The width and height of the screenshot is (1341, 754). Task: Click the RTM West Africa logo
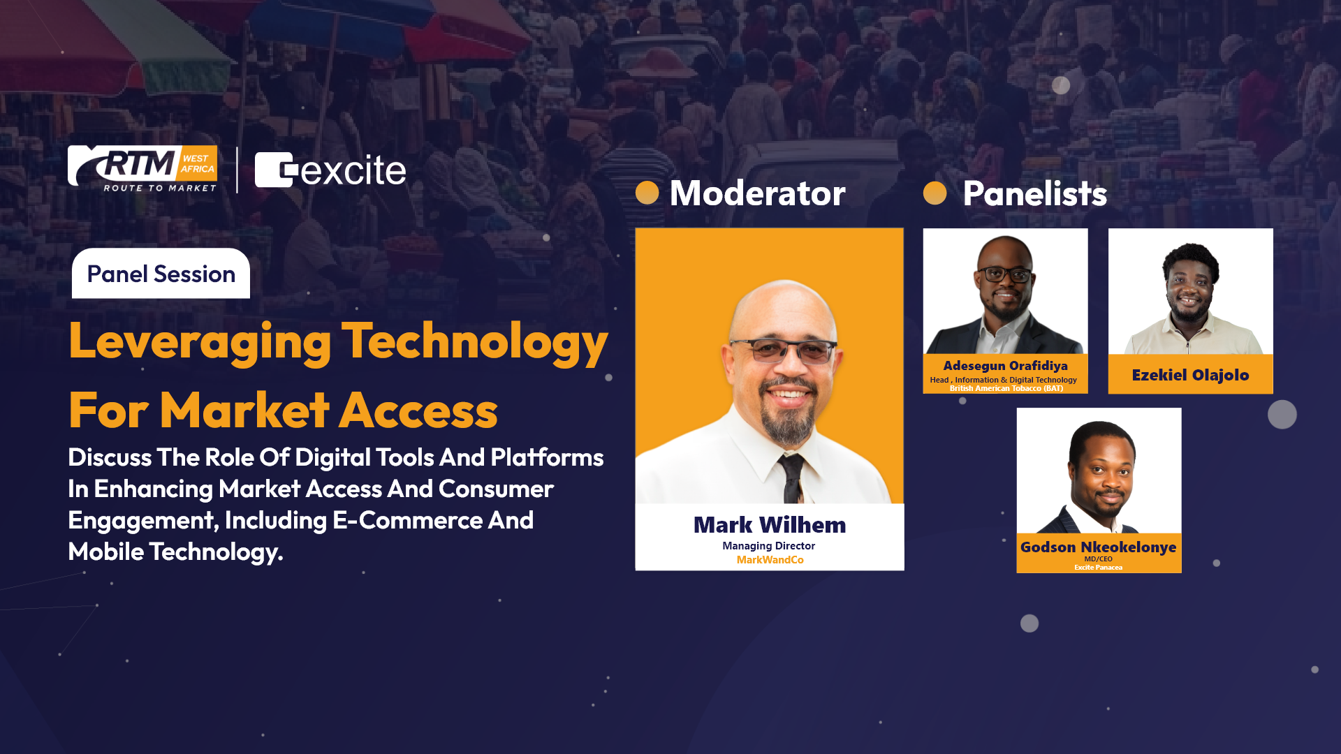pyautogui.click(x=142, y=169)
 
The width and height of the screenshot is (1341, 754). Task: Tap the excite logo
pyautogui.click(x=330, y=170)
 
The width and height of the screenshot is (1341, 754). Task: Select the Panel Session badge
pyautogui.click(x=161, y=274)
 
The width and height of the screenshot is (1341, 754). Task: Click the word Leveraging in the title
pyautogui.click(x=200, y=342)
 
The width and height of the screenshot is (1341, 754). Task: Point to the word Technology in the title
pyautogui.click(x=475, y=342)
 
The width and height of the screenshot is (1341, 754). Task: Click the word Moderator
pyautogui.click(x=758, y=193)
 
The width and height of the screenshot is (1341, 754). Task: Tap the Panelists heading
pyautogui.click(x=1035, y=193)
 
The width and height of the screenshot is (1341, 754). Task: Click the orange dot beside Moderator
pyautogui.click(x=647, y=193)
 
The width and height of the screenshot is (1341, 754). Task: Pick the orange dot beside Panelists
pyautogui.click(x=935, y=193)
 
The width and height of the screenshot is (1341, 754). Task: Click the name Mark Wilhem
pyautogui.click(x=770, y=525)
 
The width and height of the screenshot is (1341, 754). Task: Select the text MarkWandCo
pyautogui.click(x=770, y=560)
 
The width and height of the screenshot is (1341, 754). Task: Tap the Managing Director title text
pyautogui.click(x=769, y=546)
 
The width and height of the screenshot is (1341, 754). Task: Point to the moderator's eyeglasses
pyautogui.click(x=784, y=349)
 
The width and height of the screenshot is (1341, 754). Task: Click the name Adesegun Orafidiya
pyautogui.click(x=1006, y=366)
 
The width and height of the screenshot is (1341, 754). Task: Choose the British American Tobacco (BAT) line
pyautogui.click(x=1006, y=389)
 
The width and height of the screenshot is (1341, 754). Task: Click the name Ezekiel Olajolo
pyautogui.click(x=1191, y=376)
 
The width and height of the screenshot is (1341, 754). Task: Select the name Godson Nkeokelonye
pyautogui.click(x=1099, y=547)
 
